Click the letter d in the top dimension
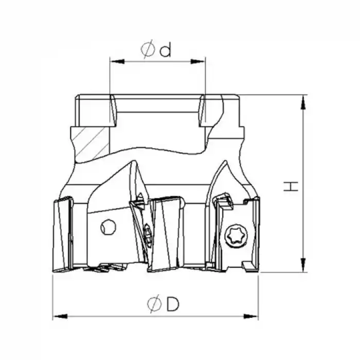coord(165,50)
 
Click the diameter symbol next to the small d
coord(148,50)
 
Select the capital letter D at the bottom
coord(173,304)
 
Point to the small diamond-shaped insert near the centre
coord(147,237)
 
